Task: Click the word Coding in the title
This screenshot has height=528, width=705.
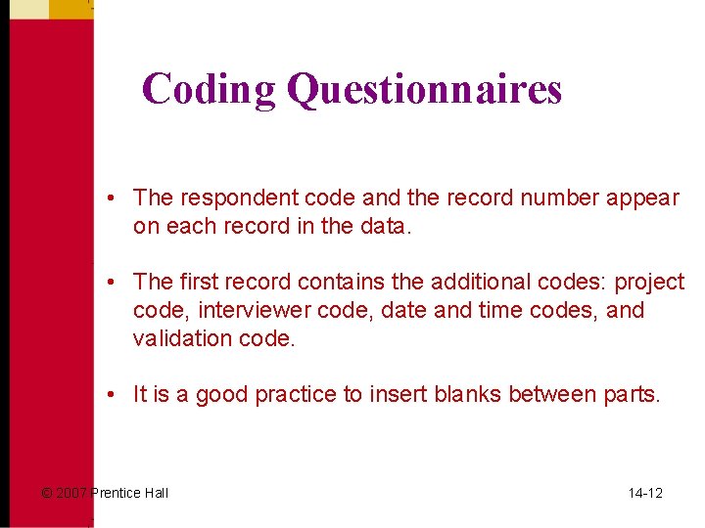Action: point(209,89)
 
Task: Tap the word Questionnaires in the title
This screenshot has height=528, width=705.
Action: point(424,89)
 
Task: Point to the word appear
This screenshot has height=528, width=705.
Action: point(643,198)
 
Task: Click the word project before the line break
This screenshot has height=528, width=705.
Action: point(649,283)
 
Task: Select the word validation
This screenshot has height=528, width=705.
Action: point(182,338)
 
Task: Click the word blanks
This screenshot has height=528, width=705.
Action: point(480,395)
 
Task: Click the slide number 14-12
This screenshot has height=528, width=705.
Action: point(645,493)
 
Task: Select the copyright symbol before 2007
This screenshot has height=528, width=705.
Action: point(46,493)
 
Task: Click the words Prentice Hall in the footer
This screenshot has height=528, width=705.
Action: point(129,493)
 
